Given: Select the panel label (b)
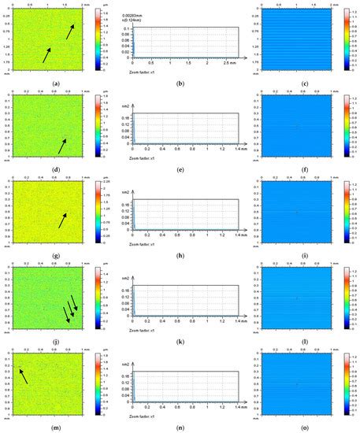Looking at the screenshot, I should tap(181, 83).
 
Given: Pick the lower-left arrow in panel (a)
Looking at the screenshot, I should tap(46, 54).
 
